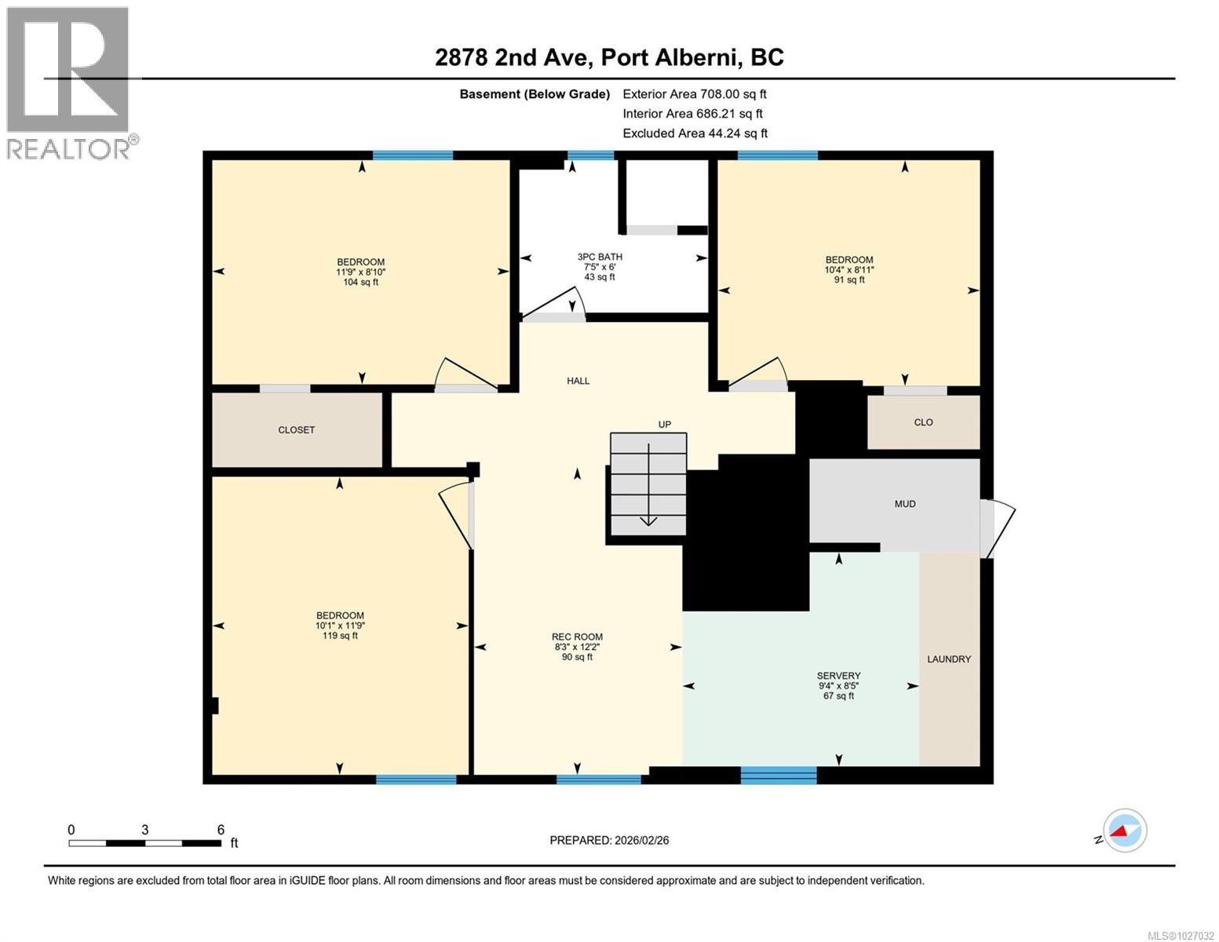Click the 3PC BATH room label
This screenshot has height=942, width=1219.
599,257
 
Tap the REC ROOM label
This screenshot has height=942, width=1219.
577,637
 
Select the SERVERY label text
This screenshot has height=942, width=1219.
838,675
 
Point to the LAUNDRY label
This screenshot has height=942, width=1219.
948,659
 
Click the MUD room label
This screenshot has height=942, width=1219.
904,504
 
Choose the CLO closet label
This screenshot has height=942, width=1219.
923,422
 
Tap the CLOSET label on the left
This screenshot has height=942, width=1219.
296,430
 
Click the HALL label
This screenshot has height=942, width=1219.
578,381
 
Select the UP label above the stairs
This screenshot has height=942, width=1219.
664,425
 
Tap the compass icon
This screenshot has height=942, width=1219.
1124,831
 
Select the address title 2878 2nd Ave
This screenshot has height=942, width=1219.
609,57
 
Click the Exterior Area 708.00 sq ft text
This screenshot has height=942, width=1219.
694,94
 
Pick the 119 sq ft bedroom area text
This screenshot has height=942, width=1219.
340,636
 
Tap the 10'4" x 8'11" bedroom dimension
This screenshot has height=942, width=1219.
849,269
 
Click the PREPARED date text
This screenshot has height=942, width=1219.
609,840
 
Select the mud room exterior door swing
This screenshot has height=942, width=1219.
998,528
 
